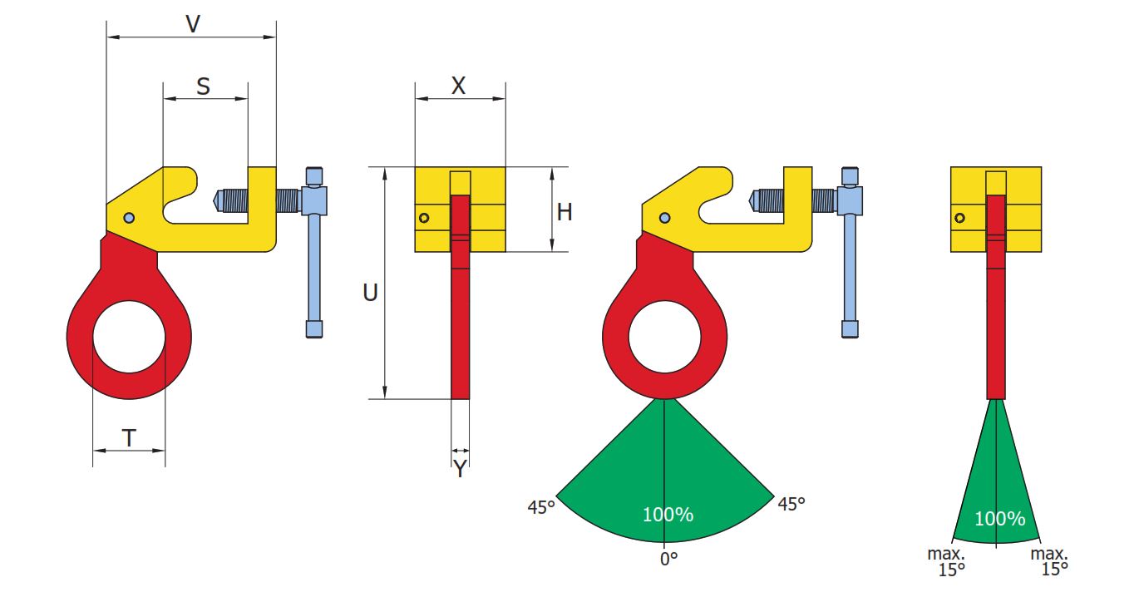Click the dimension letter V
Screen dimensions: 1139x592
[x=193, y=24]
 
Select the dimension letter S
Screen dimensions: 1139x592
[x=204, y=86]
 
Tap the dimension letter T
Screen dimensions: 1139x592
[x=129, y=438]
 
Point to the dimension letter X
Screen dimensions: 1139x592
[x=458, y=86]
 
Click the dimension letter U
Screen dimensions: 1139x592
[x=370, y=293]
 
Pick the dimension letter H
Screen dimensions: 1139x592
[x=565, y=212]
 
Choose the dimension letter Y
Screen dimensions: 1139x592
[x=461, y=469]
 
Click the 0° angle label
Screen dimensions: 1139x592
[x=668, y=560]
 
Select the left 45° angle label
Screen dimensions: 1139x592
[x=541, y=507]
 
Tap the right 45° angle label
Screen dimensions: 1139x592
[x=791, y=504]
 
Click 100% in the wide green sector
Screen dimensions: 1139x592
[x=668, y=515]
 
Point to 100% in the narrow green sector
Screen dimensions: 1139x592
[x=999, y=519]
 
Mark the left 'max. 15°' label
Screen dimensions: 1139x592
[x=946, y=561]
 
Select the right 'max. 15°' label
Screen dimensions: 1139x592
[x=1049, y=561]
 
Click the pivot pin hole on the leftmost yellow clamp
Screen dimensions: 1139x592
[x=129, y=218]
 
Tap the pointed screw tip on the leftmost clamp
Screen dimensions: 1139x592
[x=216, y=200]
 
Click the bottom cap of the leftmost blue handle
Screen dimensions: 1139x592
[x=314, y=329]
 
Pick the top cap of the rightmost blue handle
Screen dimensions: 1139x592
[x=851, y=176]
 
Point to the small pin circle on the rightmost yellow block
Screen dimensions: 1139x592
[x=959, y=218]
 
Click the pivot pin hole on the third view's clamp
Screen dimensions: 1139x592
[x=664, y=218]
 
